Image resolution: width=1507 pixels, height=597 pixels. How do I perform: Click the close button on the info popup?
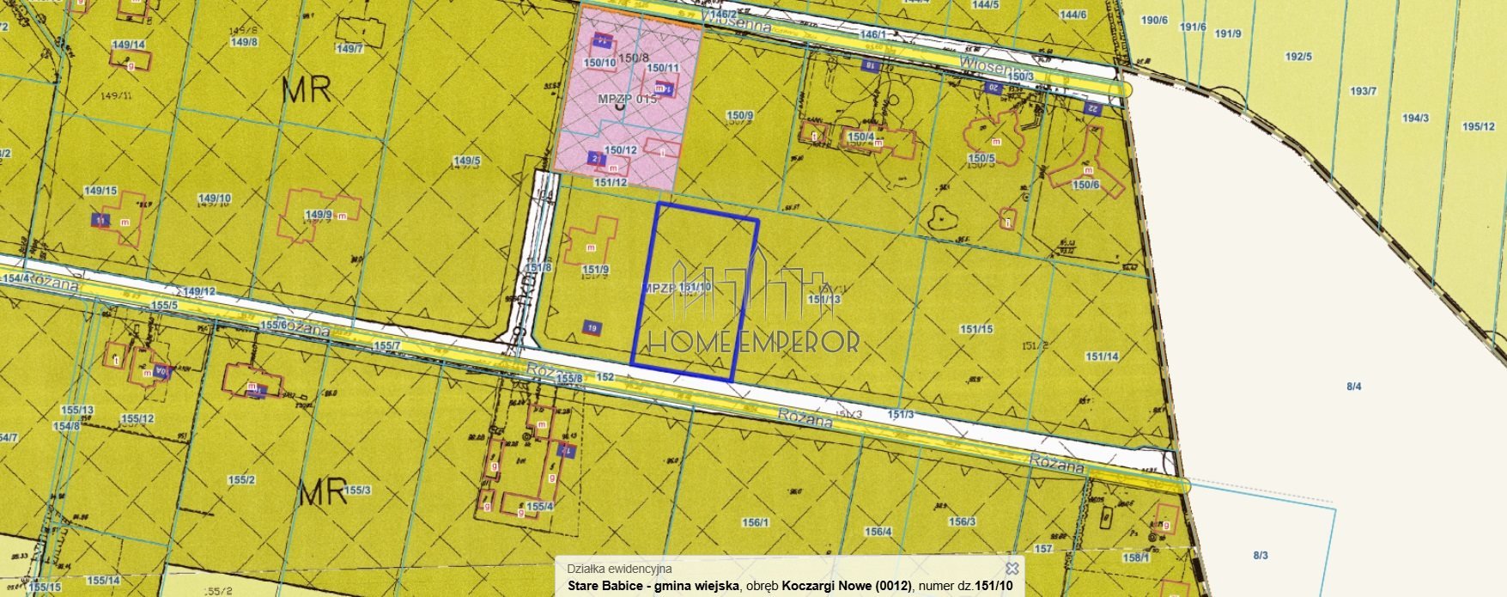tap(1012, 569)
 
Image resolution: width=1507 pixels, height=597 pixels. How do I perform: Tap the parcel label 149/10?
tap(215, 198)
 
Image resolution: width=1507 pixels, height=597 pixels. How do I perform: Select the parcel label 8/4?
tap(1354, 387)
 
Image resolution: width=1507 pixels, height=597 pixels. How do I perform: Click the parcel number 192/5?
tap(1298, 58)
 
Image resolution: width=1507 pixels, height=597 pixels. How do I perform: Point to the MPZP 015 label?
tap(627, 99)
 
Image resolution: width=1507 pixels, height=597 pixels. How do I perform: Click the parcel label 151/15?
tap(976, 329)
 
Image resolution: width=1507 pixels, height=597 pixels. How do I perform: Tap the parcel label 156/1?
tap(756, 522)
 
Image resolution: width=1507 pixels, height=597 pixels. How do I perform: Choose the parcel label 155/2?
tap(242, 480)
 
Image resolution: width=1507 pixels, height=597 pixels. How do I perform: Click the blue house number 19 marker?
tap(592, 327)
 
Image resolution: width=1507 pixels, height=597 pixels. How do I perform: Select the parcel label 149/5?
tap(467, 161)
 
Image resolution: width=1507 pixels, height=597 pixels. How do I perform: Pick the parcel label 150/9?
tap(739, 115)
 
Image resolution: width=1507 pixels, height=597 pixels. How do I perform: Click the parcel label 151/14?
tap(1102, 356)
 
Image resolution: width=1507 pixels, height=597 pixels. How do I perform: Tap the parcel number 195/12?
tap(1479, 126)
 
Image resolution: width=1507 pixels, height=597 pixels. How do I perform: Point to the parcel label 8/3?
tap(1261, 555)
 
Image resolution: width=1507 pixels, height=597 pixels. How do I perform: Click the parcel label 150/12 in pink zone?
tap(621, 150)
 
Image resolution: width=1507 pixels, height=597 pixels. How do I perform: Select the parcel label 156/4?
tap(878, 532)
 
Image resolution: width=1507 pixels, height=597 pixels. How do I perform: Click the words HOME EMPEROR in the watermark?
tap(753, 342)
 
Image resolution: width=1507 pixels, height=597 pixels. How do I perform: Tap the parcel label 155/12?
tap(137, 419)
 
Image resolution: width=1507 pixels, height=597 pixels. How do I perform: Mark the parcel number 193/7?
tap(1364, 91)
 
